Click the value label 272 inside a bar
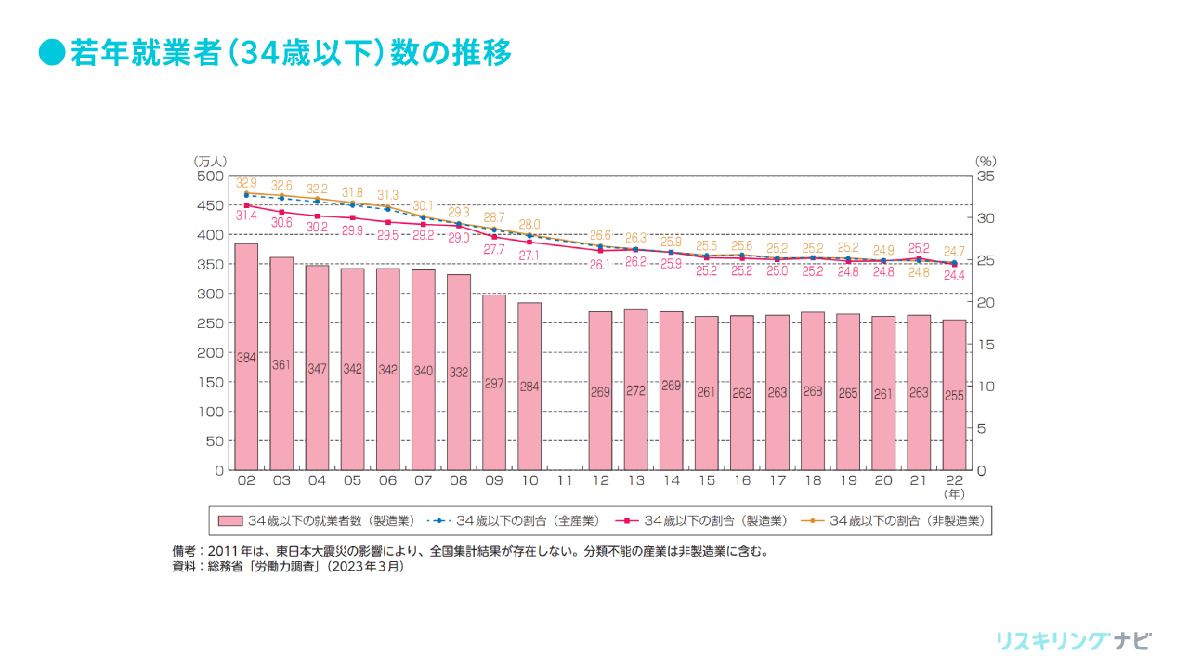point(635,391)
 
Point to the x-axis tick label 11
point(565,481)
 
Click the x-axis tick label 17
point(777,481)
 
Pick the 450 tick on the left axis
point(212,204)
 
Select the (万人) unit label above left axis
point(210,161)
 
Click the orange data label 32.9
point(246,183)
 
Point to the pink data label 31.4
point(246,216)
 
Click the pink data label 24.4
point(954,276)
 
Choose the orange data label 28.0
point(529,225)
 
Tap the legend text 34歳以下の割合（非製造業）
point(907,520)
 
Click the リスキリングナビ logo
point(1073,641)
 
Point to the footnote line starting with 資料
point(289,566)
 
